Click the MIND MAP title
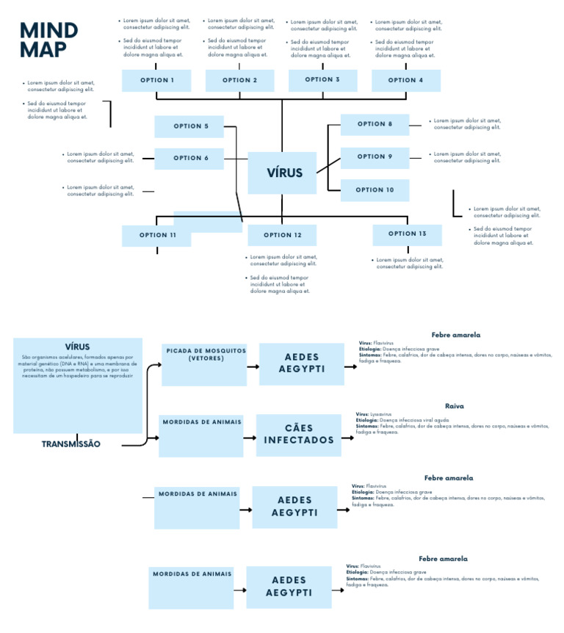48,40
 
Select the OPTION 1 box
156,81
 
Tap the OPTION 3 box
322,80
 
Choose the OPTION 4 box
405,81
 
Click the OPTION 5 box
189,126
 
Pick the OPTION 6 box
189,158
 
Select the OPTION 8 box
375,124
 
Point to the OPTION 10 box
375,190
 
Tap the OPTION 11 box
156,236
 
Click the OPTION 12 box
282,236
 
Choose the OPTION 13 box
407,234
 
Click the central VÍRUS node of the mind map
282,173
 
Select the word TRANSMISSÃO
71,444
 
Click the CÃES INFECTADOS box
299,435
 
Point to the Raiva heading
454,406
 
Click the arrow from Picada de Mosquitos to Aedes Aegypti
253,366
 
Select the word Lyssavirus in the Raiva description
381,414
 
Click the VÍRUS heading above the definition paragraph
77,347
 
